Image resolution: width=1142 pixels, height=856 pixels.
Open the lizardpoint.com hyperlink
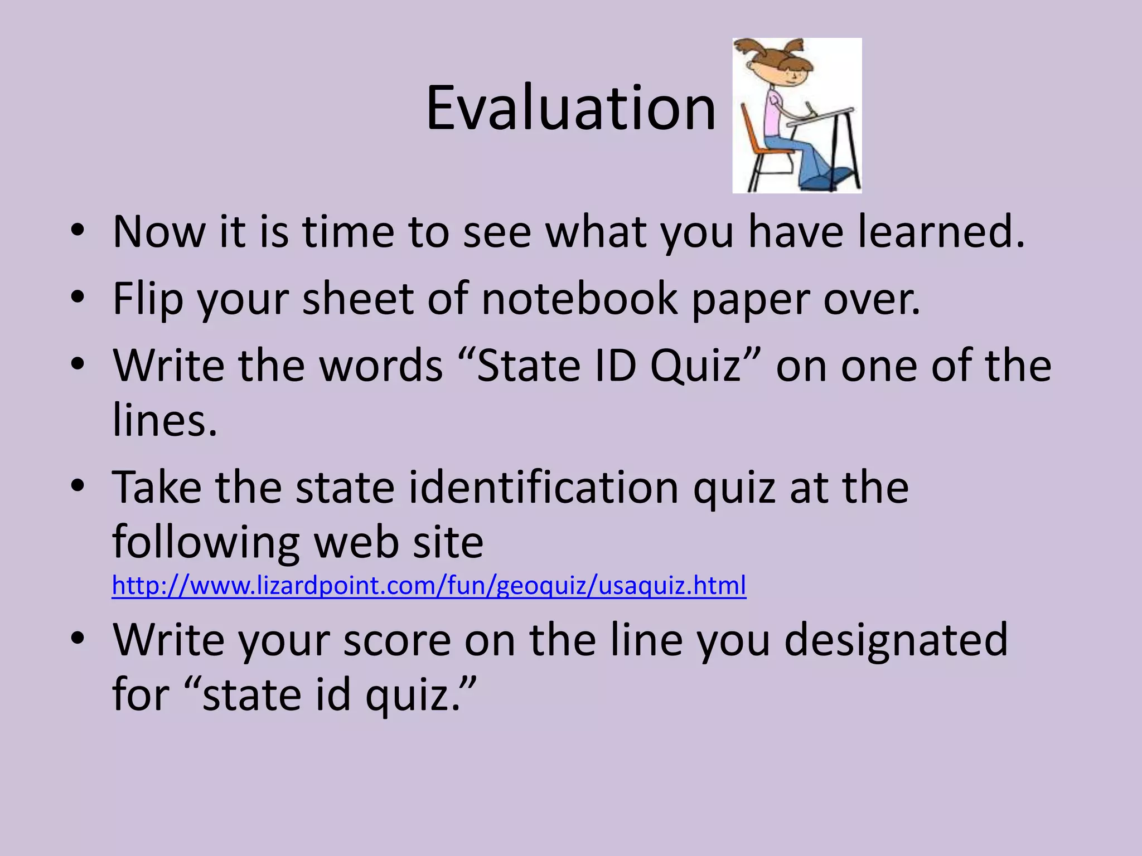tap(429, 586)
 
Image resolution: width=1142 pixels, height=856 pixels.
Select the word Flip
tap(148, 299)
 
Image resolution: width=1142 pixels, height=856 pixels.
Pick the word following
tap(206, 543)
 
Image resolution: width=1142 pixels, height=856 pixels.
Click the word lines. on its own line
tap(164, 420)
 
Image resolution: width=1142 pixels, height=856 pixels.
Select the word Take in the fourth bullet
tap(157, 488)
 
